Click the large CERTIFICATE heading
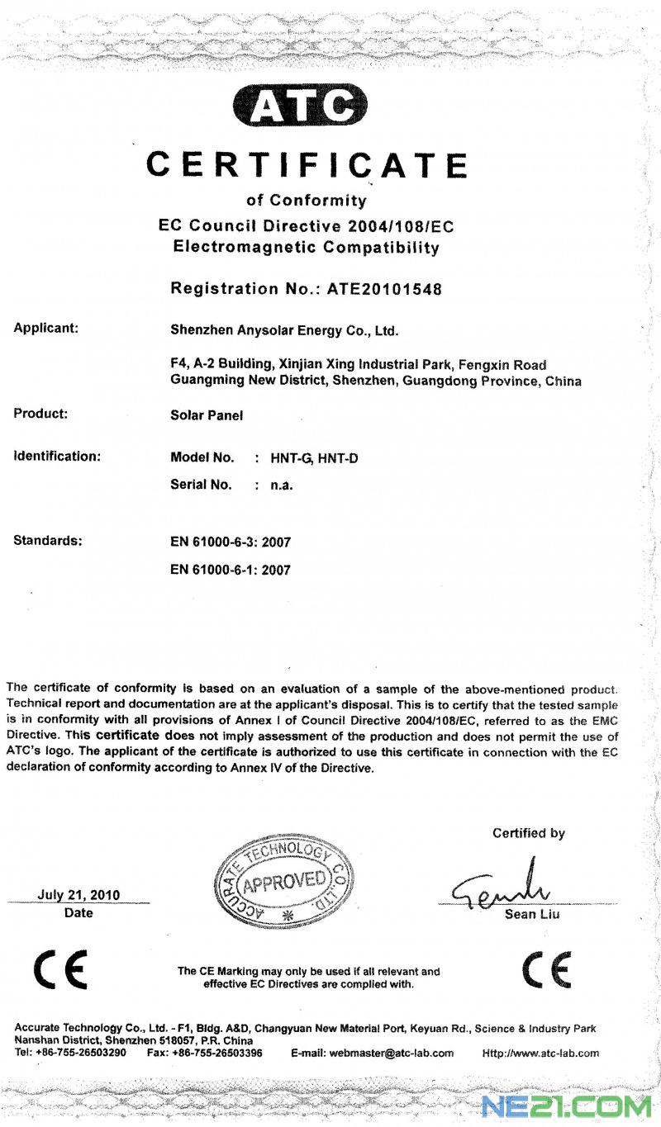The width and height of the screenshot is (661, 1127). (x=307, y=164)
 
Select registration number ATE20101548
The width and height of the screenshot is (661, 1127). (x=384, y=289)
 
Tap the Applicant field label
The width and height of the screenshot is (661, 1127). (x=46, y=329)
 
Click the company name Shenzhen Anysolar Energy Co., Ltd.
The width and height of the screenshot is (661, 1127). (x=283, y=332)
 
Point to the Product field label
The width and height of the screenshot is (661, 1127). (x=40, y=414)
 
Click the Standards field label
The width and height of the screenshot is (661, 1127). (x=48, y=541)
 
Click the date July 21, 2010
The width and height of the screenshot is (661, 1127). (x=78, y=895)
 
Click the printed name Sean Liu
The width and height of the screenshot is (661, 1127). (x=532, y=914)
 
